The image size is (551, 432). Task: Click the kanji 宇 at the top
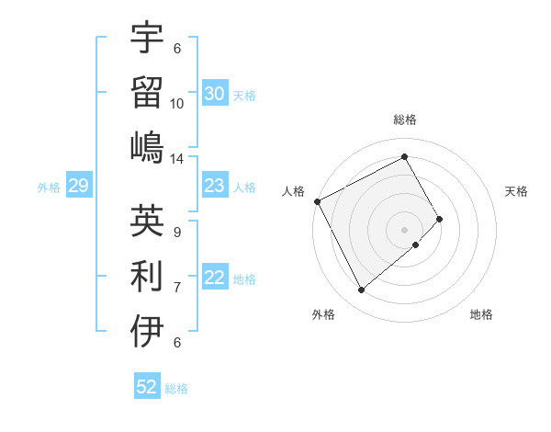pyautogui.click(x=147, y=38)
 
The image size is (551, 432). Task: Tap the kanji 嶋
pyautogui.click(x=147, y=147)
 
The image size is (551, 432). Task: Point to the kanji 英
pyautogui.click(x=147, y=221)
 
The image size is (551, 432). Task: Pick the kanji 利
pyautogui.click(x=147, y=275)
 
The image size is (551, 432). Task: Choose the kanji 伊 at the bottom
pyautogui.click(x=147, y=331)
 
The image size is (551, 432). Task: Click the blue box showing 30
pyautogui.click(x=214, y=94)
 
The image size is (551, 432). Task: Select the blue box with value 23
pyautogui.click(x=214, y=187)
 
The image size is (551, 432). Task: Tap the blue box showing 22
pyautogui.click(x=214, y=279)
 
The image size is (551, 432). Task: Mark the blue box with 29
pyautogui.click(x=78, y=187)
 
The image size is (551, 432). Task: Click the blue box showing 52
pyautogui.click(x=147, y=387)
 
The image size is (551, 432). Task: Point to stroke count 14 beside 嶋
pyautogui.click(x=177, y=159)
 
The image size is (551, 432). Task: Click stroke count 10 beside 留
pyautogui.click(x=177, y=103)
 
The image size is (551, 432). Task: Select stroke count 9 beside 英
pyautogui.click(x=176, y=232)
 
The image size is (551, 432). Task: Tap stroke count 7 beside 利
pyautogui.click(x=176, y=287)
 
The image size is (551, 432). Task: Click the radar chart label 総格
pyautogui.click(x=404, y=119)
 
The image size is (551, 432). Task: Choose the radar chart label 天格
pyautogui.click(x=517, y=191)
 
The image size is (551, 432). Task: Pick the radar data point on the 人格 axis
pyautogui.click(x=317, y=201)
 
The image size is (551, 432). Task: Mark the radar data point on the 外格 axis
pyautogui.click(x=361, y=290)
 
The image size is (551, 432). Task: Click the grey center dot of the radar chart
pyautogui.click(x=404, y=230)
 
